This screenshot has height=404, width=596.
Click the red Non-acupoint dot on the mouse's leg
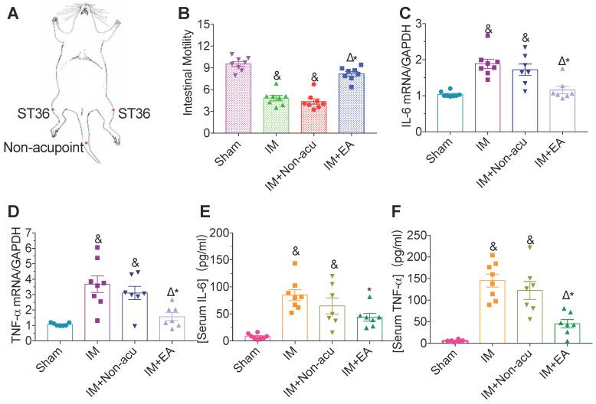87,142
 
